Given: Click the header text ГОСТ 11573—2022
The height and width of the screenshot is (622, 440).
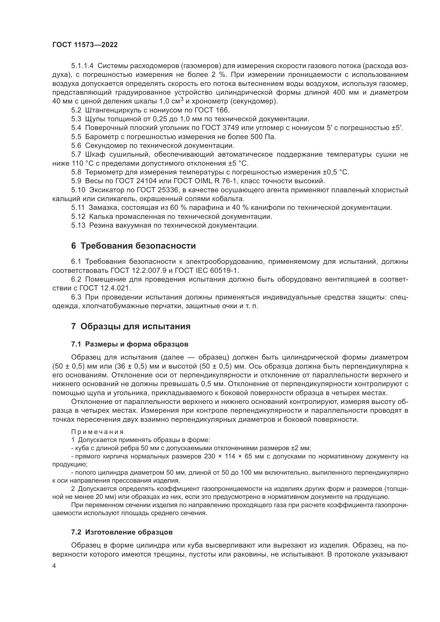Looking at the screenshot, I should pos(85,45).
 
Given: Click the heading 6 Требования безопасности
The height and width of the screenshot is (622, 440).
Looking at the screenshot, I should pos(133,246).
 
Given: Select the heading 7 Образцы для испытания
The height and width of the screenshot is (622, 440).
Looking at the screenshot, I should pos(131,327).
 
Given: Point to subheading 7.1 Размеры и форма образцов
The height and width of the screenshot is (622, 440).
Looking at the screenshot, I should pos(130,344).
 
